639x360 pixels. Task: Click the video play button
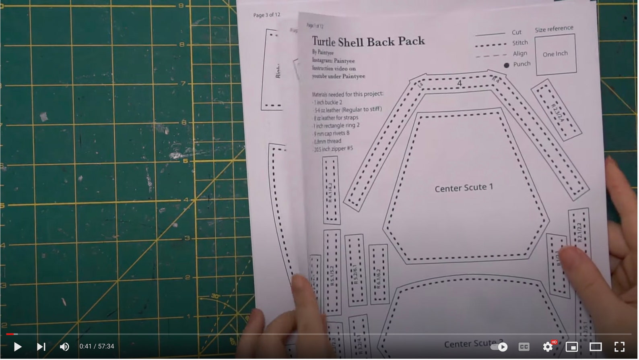point(17,347)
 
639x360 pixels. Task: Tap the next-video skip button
point(41,347)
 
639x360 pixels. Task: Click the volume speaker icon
point(64,347)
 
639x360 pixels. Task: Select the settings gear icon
point(548,347)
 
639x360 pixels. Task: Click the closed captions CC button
point(524,347)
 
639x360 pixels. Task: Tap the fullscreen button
point(620,347)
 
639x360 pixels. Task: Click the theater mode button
point(596,347)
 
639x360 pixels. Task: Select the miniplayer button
point(571,347)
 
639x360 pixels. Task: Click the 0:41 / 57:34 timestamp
point(97,347)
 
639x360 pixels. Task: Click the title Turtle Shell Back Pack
point(368,41)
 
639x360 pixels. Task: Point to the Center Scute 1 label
point(464,188)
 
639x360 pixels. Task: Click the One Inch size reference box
point(555,54)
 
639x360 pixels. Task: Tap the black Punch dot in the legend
point(506,65)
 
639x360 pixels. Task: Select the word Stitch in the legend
point(520,43)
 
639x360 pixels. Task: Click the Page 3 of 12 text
point(266,15)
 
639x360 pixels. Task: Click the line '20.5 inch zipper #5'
point(333,149)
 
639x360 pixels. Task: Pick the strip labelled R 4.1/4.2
point(331,190)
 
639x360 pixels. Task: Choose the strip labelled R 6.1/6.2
point(379,274)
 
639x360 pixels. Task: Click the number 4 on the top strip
point(459,84)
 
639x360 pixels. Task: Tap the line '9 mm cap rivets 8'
point(332,133)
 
